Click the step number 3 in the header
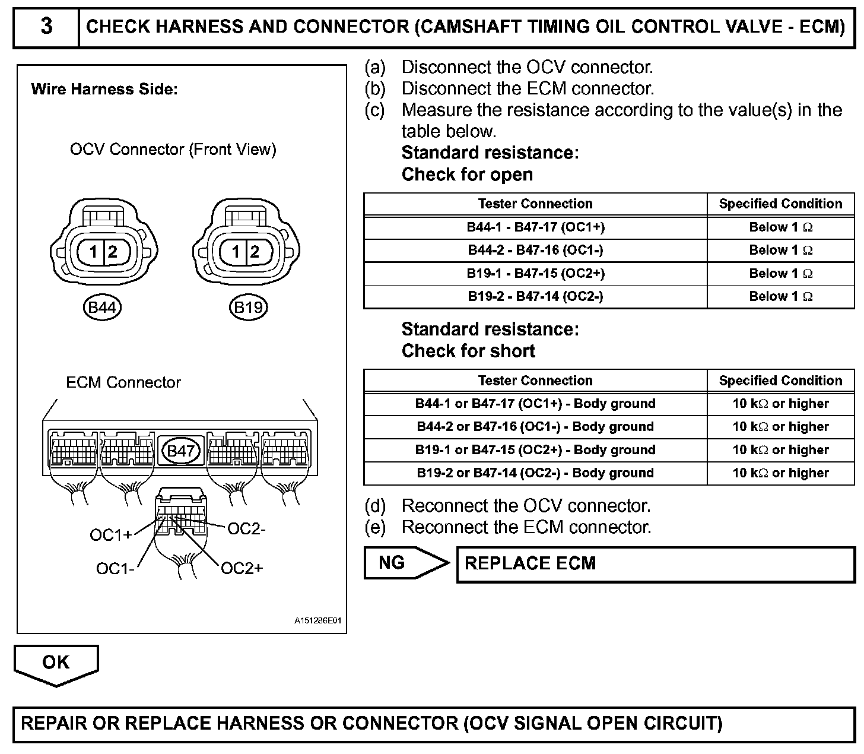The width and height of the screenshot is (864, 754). tap(46, 27)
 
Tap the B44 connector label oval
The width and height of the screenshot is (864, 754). tap(102, 308)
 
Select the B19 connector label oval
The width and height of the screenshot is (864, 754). tap(248, 308)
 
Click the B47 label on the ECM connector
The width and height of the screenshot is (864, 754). tap(181, 451)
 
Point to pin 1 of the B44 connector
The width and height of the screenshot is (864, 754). tap(94, 252)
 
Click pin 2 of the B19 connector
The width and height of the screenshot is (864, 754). tap(255, 252)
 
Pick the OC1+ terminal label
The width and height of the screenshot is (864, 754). tap(111, 536)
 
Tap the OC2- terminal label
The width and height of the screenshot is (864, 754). tap(246, 528)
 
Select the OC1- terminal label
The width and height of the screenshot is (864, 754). tap(115, 569)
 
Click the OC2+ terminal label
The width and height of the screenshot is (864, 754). tap(242, 569)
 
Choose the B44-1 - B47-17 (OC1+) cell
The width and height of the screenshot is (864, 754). tap(535, 227)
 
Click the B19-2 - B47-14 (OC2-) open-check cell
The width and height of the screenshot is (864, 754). tap(535, 296)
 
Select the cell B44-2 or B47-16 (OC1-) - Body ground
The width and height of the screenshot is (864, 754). tap(535, 427)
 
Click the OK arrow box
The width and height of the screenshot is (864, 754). tap(56, 663)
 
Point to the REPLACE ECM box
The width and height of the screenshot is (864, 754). tap(655, 564)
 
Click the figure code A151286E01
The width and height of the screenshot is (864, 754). tap(318, 621)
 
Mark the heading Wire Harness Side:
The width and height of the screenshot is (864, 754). tap(104, 90)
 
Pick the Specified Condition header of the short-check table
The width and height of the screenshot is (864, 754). tap(780, 381)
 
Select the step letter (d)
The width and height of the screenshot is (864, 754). tap(375, 506)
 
